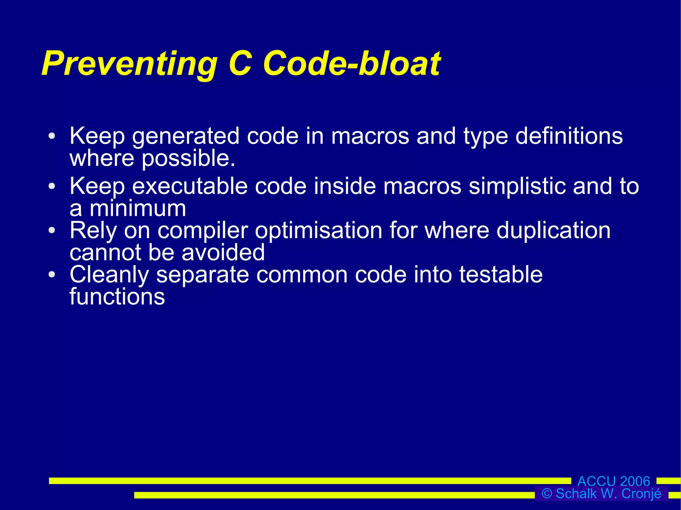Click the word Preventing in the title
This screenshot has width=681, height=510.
tap(129, 64)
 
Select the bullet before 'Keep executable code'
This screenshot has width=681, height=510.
tap(52, 186)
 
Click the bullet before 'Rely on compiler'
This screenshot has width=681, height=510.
tap(52, 230)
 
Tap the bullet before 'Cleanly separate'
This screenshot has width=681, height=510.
tap(52, 274)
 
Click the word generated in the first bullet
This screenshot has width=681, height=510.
tap(186, 136)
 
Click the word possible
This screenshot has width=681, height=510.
tap(188, 159)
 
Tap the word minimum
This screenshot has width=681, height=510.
tap(138, 209)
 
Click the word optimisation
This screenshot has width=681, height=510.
tap(319, 231)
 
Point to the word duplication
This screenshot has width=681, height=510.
tap(553, 231)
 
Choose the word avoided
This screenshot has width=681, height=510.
tap(223, 253)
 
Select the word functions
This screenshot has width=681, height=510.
tap(117, 297)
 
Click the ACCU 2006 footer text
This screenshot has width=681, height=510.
tap(613, 481)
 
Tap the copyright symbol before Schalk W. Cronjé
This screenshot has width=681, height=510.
tap(547, 494)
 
